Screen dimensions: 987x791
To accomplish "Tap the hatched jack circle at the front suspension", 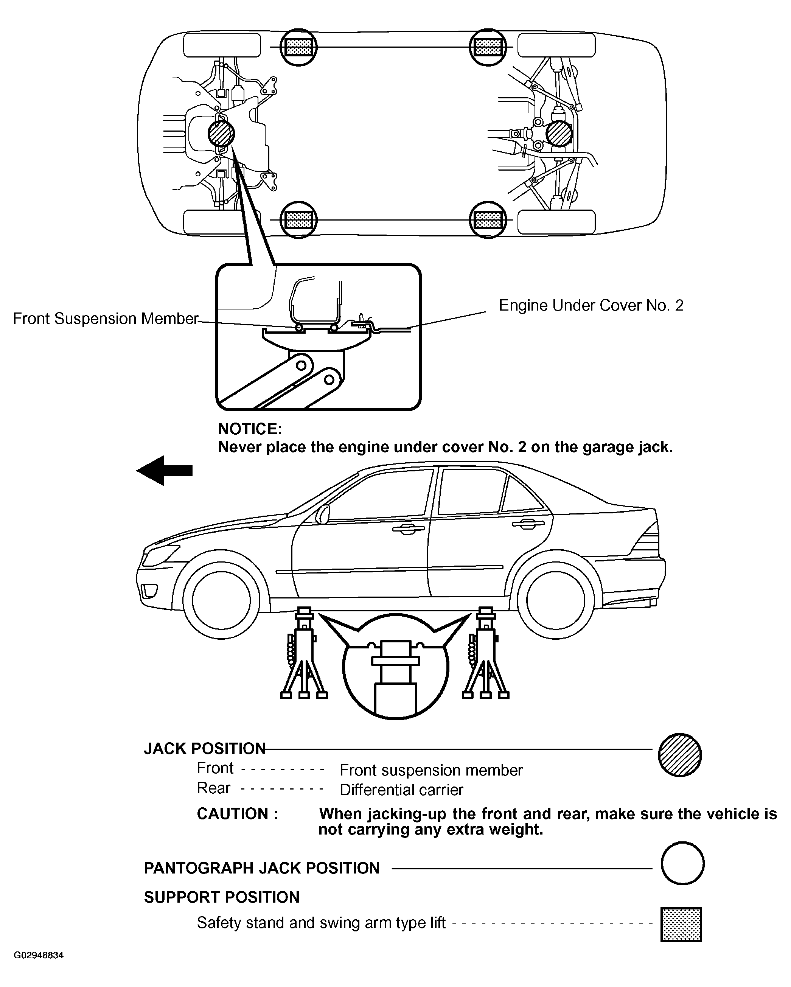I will click(221, 134).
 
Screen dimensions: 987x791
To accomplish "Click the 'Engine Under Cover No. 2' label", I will click(591, 305).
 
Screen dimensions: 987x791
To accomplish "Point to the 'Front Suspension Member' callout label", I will click(105, 319).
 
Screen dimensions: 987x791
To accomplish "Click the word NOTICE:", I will click(250, 429).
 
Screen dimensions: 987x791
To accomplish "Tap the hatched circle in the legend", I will click(680, 755).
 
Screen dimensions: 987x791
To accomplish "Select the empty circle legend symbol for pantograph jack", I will click(682, 863).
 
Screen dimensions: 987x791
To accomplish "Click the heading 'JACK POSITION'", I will click(205, 749).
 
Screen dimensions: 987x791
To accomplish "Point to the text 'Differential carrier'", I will click(401, 790).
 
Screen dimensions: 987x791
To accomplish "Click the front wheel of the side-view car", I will click(221, 600).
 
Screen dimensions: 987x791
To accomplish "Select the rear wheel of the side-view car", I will click(556, 600).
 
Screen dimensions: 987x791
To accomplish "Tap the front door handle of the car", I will click(408, 529).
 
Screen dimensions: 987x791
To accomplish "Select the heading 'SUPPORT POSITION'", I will click(222, 897).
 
